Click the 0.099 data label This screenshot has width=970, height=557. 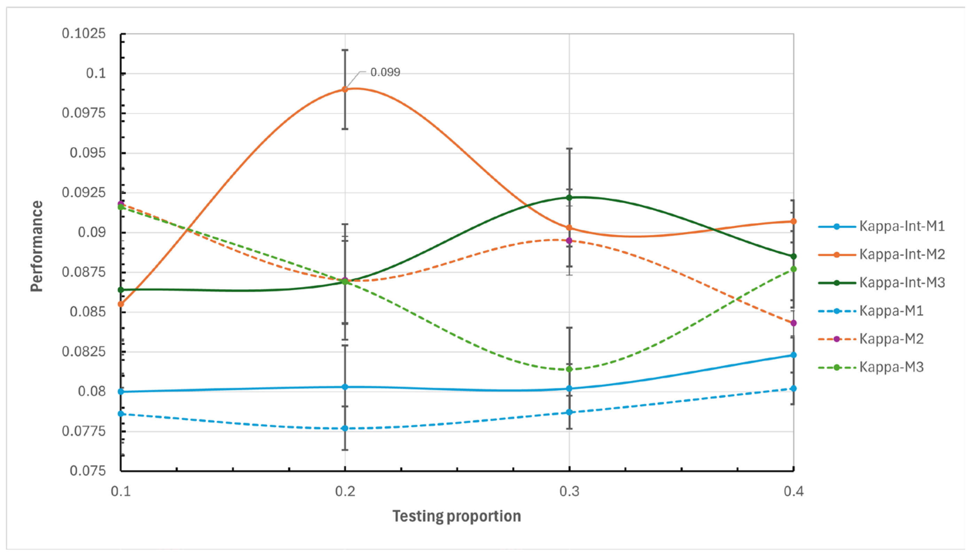tap(385, 72)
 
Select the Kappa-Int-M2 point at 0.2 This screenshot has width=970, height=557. tap(345, 89)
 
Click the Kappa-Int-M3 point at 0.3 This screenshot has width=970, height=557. tap(569, 198)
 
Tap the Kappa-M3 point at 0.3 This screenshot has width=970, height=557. tap(569, 369)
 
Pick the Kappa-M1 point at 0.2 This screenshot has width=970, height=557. tap(345, 429)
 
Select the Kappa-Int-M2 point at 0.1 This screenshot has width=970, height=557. tap(121, 304)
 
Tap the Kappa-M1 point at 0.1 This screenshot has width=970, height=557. tap(121, 414)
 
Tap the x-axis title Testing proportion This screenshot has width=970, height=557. tap(457, 516)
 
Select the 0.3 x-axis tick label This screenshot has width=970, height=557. tap(569, 492)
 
